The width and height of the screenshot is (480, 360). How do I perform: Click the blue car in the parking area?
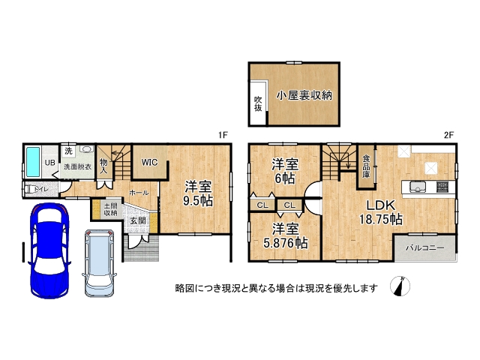[49, 250]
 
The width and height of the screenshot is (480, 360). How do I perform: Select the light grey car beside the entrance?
[99, 263]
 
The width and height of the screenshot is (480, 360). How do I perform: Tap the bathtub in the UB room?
[33, 162]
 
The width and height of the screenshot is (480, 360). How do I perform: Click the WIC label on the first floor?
[149, 162]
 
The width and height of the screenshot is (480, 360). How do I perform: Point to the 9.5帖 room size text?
[198, 201]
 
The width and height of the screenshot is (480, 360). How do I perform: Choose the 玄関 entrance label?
[138, 220]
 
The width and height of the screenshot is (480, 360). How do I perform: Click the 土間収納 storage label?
[110, 210]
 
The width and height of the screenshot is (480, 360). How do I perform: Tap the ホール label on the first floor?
[139, 193]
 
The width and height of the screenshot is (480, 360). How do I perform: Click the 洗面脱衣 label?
[77, 166]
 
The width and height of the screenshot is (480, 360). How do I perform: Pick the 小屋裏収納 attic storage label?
[304, 95]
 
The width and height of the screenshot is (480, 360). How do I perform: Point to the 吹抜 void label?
[258, 103]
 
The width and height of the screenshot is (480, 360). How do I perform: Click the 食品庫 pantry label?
[366, 166]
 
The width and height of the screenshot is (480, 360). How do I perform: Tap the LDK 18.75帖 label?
[380, 212]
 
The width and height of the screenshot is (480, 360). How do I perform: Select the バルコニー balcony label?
[425, 247]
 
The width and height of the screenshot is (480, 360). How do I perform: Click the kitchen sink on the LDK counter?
[418, 187]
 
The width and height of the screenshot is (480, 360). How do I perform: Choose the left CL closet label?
[262, 205]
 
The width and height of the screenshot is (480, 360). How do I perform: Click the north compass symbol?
[400, 286]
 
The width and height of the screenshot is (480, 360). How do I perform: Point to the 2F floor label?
[448, 135]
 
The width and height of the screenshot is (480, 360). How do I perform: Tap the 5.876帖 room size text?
[286, 243]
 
